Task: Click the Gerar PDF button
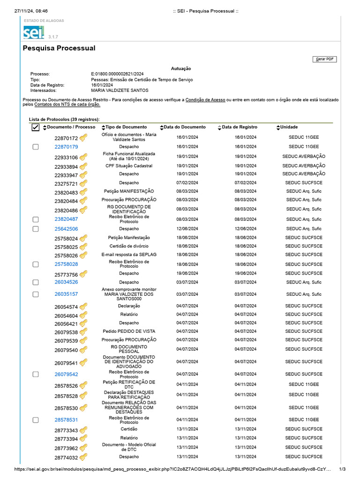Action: (x=324, y=59)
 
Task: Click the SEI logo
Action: (x=34, y=32)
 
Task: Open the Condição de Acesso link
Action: (x=205, y=100)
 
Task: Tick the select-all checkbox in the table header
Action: (x=36, y=127)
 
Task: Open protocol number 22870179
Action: (x=66, y=147)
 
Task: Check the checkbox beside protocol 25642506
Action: (x=36, y=229)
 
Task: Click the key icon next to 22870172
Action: (x=83, y=138)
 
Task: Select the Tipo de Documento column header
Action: (x=126, y=127)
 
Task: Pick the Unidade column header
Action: (x=289, y=127)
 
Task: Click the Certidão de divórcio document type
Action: (x=129, y=246)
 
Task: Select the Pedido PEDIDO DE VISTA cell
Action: (x=129, y=331)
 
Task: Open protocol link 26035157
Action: (x=66, y=294)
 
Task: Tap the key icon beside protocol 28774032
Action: (x=83, y=457)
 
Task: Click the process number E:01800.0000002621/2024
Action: (x=117, y=74)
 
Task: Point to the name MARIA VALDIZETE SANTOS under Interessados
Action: (x=120, y=90)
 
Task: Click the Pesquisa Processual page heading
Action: (x=59, y=48)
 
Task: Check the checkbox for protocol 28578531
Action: (x=36, y=420)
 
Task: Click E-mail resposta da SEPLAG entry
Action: (x=129, y=255)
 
